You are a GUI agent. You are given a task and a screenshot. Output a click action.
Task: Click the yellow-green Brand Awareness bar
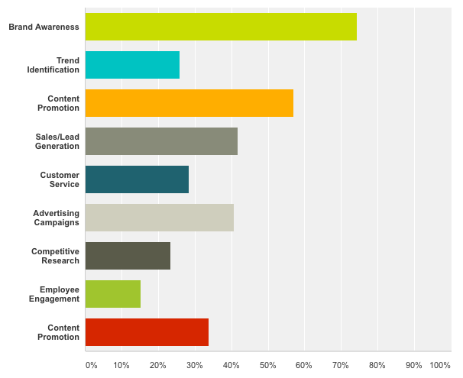[x=221, y=27]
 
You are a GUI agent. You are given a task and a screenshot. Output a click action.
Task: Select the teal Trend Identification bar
[x=132, y=65]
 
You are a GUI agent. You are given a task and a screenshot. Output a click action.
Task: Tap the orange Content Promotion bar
[x=189, y=103]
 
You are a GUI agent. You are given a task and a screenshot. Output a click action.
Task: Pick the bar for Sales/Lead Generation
[x=161, y=141]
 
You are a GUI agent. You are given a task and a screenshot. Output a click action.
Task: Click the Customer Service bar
[x=137, y=179]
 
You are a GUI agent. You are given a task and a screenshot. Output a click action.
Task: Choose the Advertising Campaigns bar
[x=159, y=218]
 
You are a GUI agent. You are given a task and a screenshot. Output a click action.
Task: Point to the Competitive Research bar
[x=128, y=256]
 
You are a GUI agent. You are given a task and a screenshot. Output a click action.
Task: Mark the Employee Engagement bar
[x=113, y=294]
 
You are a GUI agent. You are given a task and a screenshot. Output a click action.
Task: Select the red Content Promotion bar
[x=147, y=332]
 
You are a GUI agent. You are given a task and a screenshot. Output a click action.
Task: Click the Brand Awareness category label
[x=44, y=27]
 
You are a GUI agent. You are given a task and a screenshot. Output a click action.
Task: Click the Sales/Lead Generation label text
[x=57, y=141]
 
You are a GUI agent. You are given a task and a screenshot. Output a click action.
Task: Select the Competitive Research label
[x=55, y=256]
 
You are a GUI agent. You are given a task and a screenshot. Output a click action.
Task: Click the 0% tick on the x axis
[x=91, y=365]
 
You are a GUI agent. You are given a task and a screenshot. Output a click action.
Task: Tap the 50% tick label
[x=267, y=365]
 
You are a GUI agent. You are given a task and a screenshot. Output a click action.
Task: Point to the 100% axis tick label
[x=440, y=365]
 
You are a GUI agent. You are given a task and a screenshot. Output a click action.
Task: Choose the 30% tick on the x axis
[x=194, y=365]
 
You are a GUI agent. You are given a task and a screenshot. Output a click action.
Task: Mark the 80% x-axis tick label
[x=377, y=365]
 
